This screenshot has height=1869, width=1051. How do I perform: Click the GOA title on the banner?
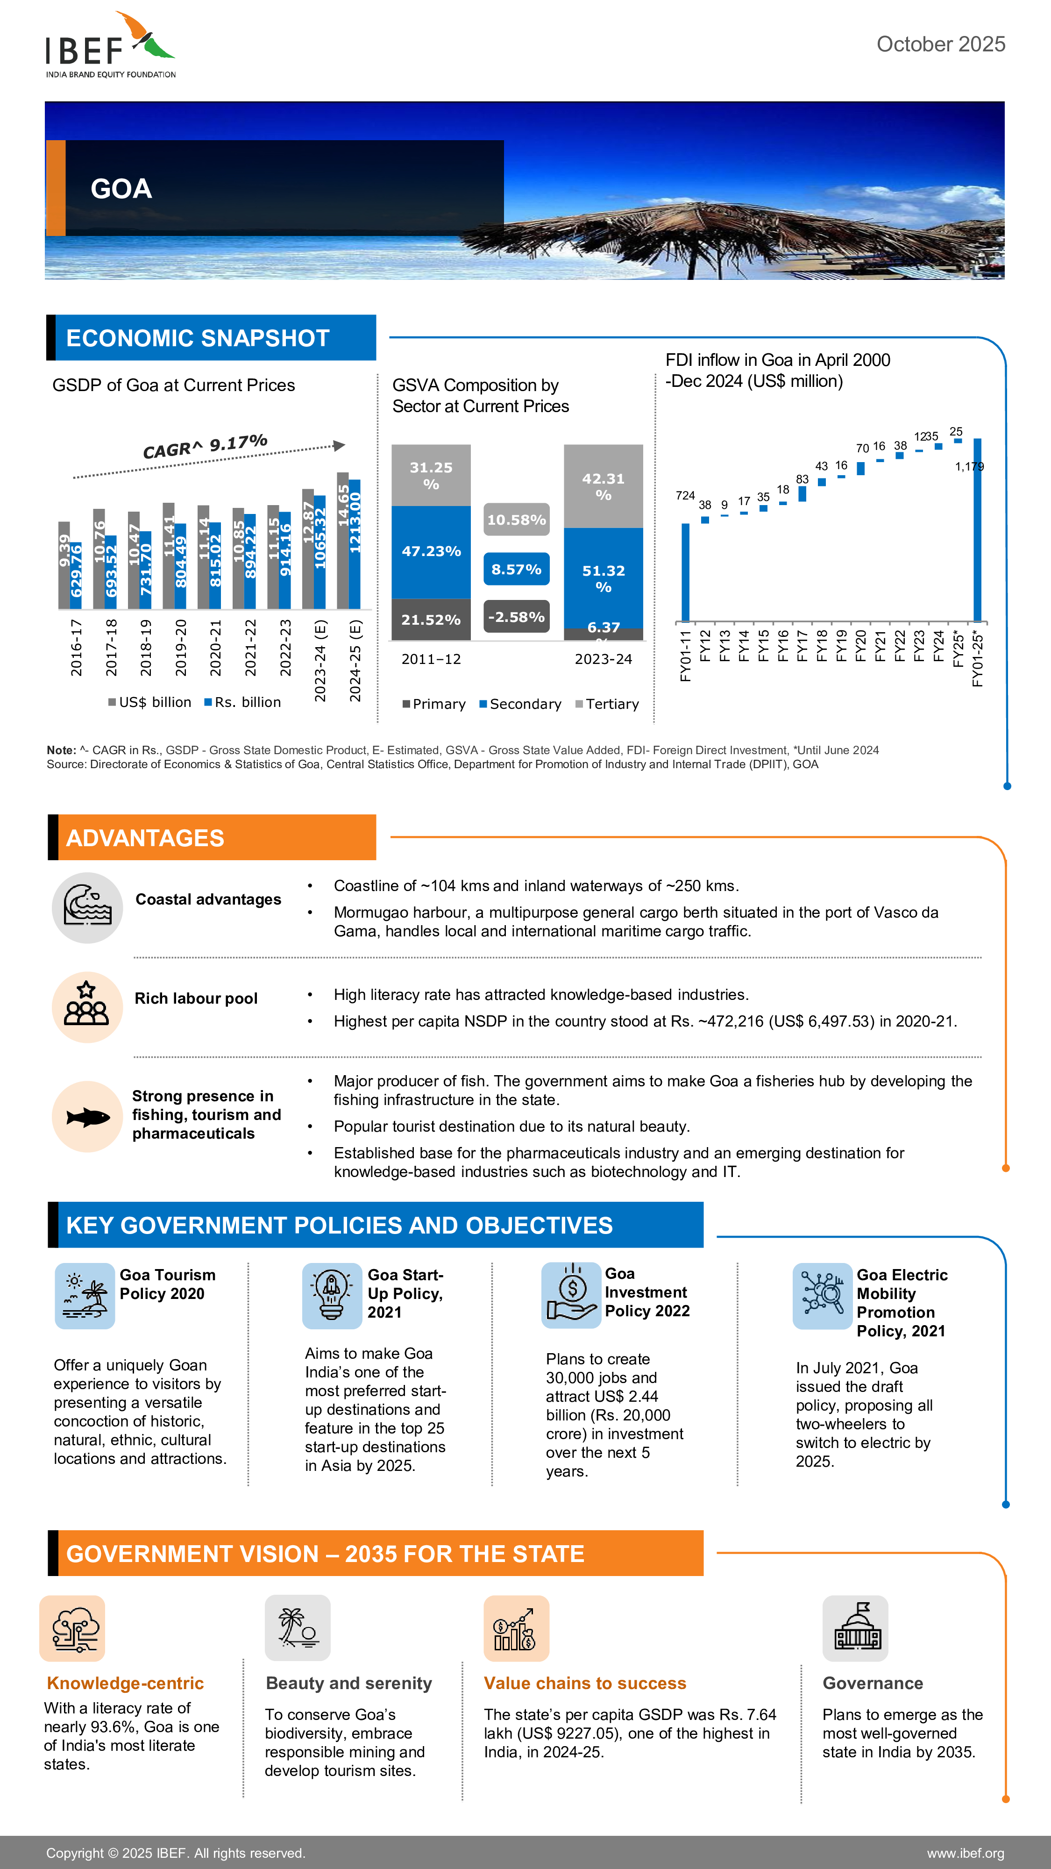coord(121,189)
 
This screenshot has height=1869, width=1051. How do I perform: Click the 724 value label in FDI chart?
coord(685,496)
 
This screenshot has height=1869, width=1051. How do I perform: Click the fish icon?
coord(87,1117)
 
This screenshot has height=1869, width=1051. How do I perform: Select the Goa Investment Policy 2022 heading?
coord(646,1292)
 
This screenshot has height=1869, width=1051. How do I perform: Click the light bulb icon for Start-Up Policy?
coord(332,1295)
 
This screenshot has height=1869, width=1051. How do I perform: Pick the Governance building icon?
coord(855,1627)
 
